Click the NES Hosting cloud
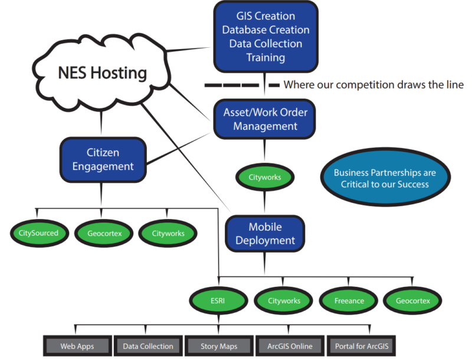click(101, 73)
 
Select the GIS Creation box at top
click(265, 37)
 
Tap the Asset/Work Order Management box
click(265, 119)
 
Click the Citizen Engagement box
click(103, 159)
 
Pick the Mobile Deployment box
click(265, 234)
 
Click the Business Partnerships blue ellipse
click(385, 179)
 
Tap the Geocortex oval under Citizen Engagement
click(100, 233)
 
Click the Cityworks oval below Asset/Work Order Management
click(265, 177)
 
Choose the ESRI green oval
click(219, 300)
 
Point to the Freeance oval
click(349, 300)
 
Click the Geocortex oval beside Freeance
click(413, 300)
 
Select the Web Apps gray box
click(77, 346)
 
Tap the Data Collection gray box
click(148, 346)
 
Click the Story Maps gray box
click(219, 346)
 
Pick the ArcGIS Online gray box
click(289, 346)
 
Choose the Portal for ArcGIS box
click(360, 346)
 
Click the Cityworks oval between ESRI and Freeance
click(284, 300)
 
